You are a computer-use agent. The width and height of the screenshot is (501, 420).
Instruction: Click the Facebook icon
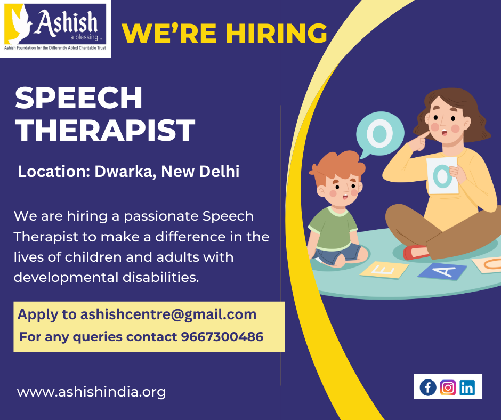428,387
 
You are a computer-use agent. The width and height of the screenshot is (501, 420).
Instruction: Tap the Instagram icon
448,387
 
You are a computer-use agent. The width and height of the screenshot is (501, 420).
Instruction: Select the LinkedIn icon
467,387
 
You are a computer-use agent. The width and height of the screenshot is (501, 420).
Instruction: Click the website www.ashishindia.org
91,392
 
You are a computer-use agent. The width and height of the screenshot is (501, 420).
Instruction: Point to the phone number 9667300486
222,337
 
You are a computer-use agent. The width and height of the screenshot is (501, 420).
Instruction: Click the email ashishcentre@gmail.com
168,315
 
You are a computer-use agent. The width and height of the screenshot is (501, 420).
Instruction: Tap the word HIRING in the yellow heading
277,33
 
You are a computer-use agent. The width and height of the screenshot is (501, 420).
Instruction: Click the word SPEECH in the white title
78,98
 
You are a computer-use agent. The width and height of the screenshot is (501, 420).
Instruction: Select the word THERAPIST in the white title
105,130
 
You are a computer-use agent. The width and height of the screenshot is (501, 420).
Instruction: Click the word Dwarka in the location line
125,172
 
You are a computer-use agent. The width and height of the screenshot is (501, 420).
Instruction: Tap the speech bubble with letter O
379,134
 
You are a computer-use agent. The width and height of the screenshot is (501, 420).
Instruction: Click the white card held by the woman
442,175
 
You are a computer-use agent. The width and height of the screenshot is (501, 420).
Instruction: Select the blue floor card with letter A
442,271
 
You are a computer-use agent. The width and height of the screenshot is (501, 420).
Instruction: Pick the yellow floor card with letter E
384,270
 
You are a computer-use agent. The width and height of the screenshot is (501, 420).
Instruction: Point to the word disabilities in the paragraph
161,278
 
